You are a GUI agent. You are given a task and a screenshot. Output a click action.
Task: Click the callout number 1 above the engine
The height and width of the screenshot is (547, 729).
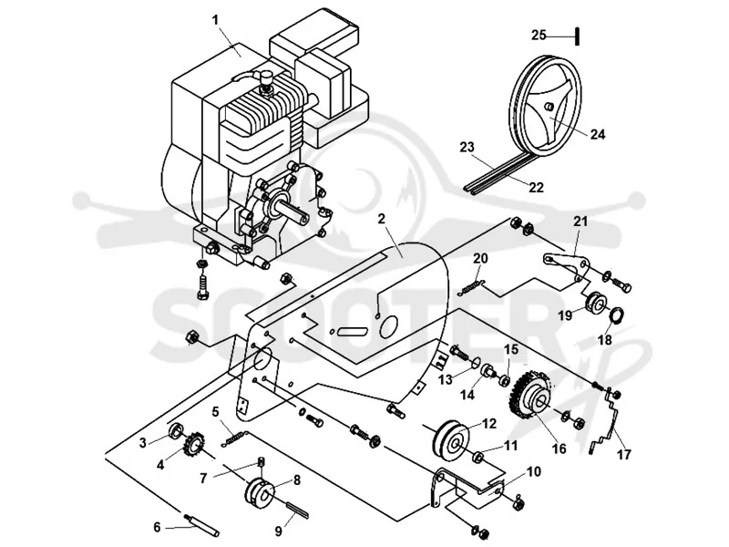click(215, 20)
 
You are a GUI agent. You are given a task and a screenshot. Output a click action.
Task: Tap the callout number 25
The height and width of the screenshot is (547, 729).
click(539, 35)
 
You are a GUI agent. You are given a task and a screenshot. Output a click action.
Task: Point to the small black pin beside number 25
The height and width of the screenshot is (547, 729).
click(577, 36)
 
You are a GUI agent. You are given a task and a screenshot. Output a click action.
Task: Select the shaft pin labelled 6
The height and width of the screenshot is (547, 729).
click(202, 525)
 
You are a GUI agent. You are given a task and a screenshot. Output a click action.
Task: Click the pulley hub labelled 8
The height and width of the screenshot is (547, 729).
click(261, 493)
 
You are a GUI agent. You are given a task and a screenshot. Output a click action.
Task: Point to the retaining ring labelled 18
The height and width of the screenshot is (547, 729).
click(617, 315)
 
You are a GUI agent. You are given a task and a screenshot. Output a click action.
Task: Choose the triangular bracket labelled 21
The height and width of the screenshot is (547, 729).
click(568, 265)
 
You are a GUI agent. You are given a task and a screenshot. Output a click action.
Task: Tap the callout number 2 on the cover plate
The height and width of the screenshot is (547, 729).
click(382, 219)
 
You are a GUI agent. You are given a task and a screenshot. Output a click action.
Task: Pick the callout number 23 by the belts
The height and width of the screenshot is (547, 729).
click(467, 148)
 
